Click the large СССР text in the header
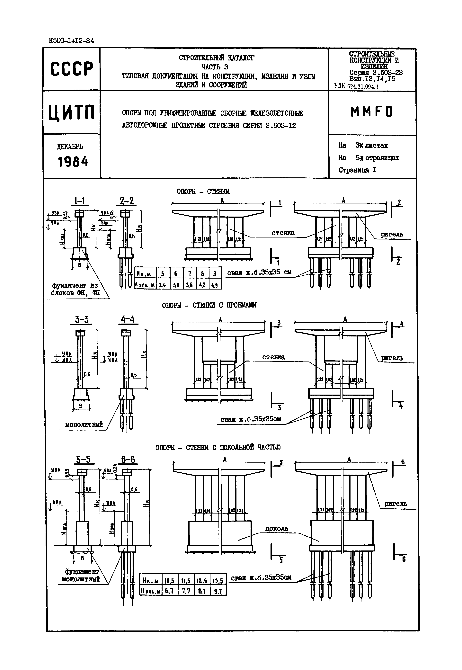click(72, 69)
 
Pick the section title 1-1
click(79, 201)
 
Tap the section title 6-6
click(128, 460)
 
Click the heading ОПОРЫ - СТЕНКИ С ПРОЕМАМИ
click(209, 305)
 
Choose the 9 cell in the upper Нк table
click(215, 273)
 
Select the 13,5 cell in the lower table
click(218, 581)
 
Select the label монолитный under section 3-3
click(84, 425)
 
